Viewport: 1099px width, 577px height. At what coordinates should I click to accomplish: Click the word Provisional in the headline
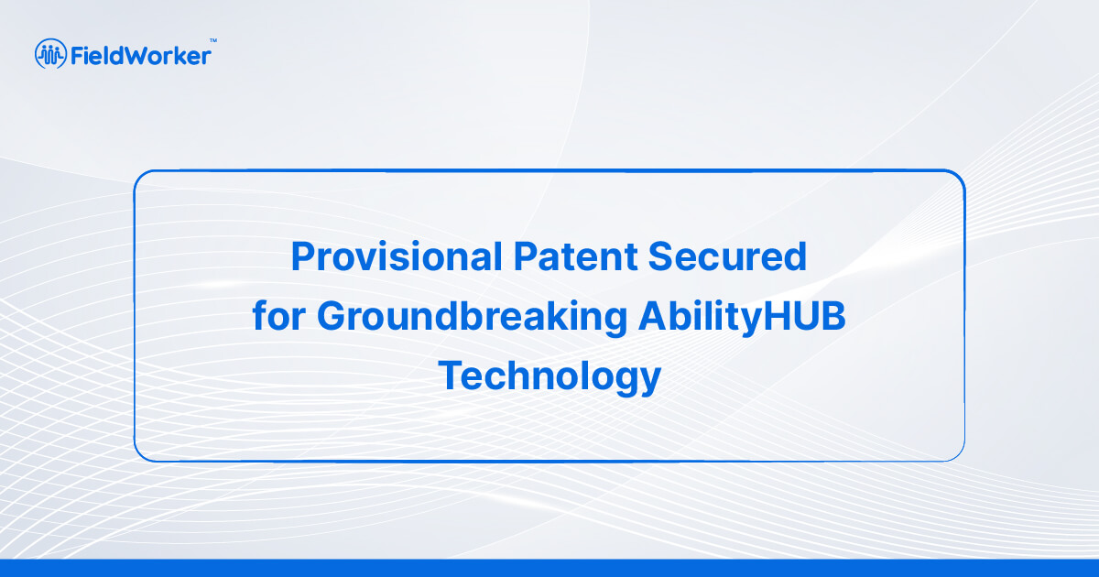point(397,256)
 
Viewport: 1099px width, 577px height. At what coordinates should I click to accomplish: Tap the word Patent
point(575,256)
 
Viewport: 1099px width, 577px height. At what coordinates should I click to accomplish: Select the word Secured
point(727,256)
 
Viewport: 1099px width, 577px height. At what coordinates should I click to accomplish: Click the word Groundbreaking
point(472,318)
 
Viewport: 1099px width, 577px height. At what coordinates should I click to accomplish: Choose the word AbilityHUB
point(742,318)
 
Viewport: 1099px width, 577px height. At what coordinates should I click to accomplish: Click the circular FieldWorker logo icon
point(50,53)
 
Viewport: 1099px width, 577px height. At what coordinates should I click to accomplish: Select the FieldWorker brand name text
point(141,56)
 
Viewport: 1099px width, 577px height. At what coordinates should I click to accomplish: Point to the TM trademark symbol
point(213,40)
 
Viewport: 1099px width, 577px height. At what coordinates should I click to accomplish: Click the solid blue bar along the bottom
point(549,568)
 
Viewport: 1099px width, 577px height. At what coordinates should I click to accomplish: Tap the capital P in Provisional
point(304,256)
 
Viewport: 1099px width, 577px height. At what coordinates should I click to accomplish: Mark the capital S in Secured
point(660,256)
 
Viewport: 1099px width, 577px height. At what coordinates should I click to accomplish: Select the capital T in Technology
point(450,375)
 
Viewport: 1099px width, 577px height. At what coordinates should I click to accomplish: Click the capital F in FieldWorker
point(77,56)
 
